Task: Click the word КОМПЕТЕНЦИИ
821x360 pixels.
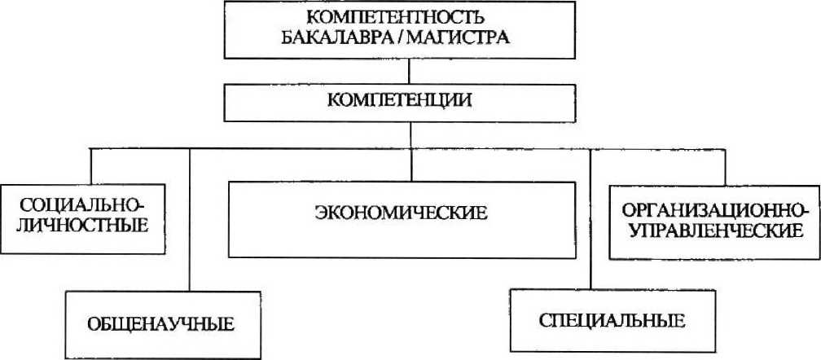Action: (409, 101)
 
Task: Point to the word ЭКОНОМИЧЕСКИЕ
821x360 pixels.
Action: (411, 215)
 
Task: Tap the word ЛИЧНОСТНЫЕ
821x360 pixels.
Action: (77, 224)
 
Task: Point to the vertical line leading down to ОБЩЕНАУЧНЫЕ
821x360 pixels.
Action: (189, 220)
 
